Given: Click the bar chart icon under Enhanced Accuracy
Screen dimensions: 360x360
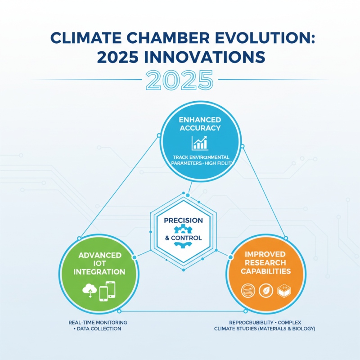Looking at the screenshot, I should (199, 143).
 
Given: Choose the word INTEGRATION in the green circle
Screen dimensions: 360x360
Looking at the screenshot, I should (99, 272).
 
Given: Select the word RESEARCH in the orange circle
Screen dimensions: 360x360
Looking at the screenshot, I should (265, 263).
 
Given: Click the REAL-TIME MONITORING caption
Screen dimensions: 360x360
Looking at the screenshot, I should (98, 323).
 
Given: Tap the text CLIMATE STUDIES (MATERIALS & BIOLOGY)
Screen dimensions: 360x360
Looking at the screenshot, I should (264, 329).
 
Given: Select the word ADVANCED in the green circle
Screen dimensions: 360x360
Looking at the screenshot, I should (100, 255).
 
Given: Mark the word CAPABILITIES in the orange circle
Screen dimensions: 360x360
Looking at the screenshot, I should (265, 271).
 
